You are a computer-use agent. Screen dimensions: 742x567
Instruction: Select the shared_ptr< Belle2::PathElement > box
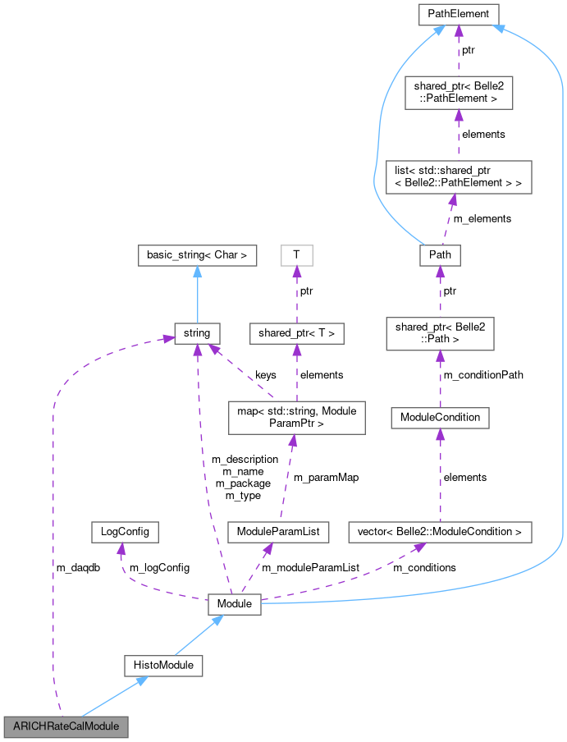[x=458, y=92]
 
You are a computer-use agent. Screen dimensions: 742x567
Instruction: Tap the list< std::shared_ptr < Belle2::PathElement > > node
[x=459, y=176]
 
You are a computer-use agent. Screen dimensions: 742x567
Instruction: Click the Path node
[x=439, y=255]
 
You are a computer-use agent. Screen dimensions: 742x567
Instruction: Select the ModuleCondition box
[x=440, y=418]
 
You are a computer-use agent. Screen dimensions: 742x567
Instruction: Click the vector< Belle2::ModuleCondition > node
[x=440, y=531]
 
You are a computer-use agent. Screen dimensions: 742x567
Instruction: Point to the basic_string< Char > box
[x=197, y=255]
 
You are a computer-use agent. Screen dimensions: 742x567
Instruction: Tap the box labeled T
[x=296, y=255]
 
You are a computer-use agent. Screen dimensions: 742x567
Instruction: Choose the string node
[x=197, y=333]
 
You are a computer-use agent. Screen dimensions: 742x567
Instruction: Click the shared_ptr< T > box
[x=297, y=333]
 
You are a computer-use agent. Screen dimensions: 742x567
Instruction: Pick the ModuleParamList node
[x=278, y=531]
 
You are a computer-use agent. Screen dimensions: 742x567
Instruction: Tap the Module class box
[x=234, y=604]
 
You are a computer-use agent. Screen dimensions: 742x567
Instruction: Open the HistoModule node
[x=163, y=665]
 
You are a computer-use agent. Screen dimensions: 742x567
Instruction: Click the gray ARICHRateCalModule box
[x=66, y=726]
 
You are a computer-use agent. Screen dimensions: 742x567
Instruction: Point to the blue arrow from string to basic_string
[x=197, y=295]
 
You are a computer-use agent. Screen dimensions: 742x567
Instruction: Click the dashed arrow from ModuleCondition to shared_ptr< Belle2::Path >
[x=440, y=378]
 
